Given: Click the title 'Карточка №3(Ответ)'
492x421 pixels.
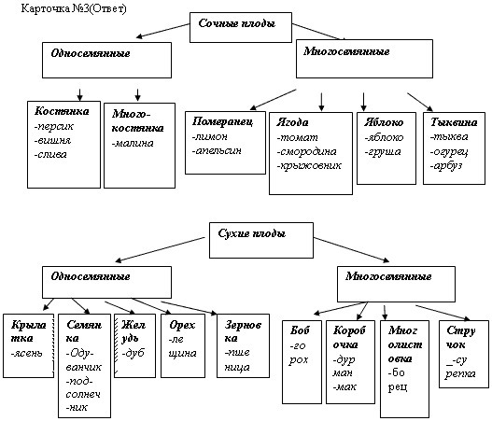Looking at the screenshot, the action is pos(74,8).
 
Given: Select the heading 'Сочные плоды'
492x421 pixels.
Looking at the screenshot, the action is pos(237,23).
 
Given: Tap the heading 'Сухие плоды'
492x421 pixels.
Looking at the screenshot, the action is pos(252,233).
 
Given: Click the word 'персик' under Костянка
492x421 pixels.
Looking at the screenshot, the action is pos(53,126).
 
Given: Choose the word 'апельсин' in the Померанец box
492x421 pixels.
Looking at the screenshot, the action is pos(217,151).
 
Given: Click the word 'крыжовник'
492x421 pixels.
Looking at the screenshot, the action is pos(309,165).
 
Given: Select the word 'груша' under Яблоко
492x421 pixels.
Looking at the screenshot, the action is pos(383,152).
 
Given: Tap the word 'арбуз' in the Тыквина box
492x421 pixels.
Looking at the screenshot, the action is pos(446,166).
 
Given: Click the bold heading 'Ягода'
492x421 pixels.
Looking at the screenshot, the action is pos(292,122).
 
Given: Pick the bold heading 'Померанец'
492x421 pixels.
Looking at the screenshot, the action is pos(222,121).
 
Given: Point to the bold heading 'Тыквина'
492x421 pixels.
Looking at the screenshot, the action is pos(454,122).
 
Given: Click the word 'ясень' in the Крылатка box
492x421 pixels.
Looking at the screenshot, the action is pos(26,354).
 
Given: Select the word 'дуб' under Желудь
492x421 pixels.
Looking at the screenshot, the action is pos(134,353).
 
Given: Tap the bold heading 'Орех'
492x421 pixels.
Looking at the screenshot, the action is pos(182,325).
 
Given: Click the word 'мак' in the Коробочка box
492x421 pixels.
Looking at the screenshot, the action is pos(344,387).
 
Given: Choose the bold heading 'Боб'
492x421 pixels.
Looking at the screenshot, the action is pos(300,330).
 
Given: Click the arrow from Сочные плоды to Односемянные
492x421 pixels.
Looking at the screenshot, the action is pos(162,31).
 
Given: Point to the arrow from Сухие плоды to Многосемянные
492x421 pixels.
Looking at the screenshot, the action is pos(351,249).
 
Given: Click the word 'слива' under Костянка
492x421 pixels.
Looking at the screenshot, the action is pos(50,155).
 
